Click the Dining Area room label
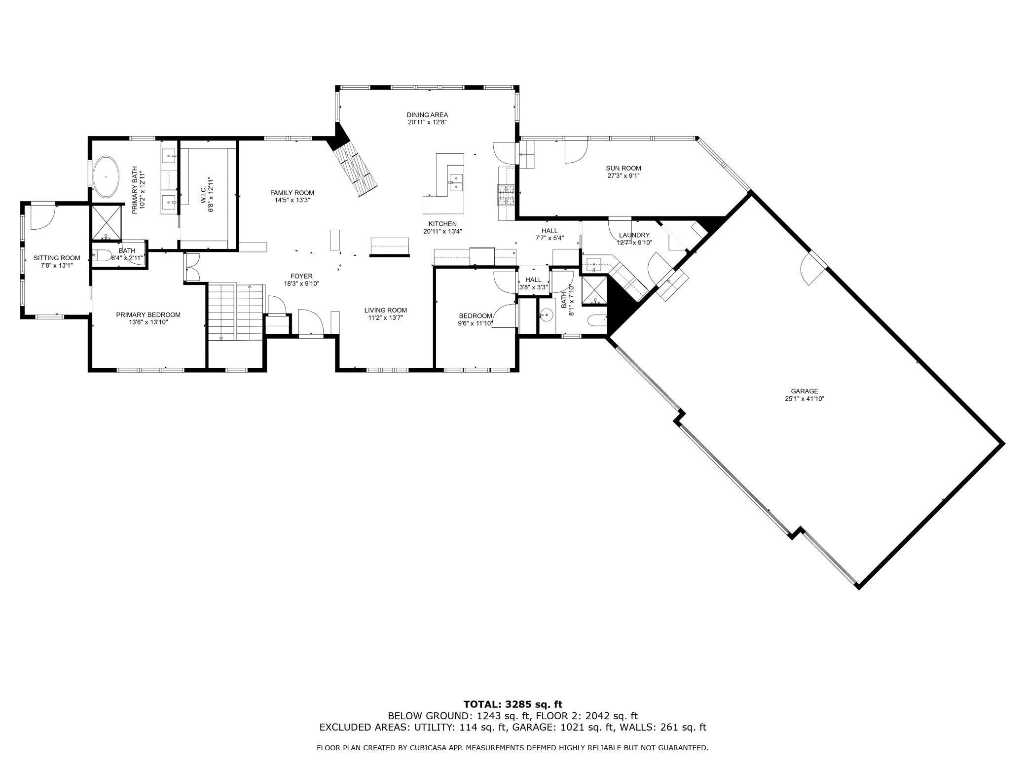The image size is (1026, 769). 427,115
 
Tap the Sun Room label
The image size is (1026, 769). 624,168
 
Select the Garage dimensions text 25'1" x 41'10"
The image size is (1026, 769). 805,399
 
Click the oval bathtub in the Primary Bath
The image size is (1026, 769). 106,177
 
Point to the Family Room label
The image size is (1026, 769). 292,193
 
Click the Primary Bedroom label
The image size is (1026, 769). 148,315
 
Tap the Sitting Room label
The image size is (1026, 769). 57,258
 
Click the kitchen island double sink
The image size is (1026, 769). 456,181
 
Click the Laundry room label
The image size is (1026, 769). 634,235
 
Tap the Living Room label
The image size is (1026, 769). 386,310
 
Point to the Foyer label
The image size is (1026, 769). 301,276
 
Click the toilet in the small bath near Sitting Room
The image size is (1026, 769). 102,255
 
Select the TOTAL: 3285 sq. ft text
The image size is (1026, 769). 513,704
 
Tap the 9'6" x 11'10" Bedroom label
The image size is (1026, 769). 475,316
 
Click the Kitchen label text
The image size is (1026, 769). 442,224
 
